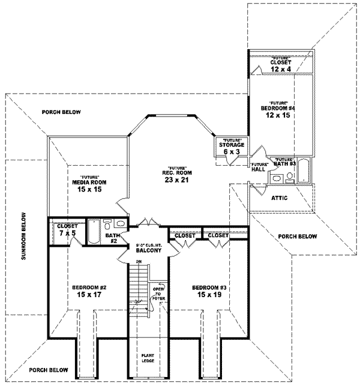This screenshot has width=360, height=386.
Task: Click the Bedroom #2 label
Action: coord(85,286)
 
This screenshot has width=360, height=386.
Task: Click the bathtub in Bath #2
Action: coord(95,232)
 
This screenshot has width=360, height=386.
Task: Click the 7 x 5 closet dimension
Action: coord(64,233)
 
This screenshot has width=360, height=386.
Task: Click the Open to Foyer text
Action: coord(158,292)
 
